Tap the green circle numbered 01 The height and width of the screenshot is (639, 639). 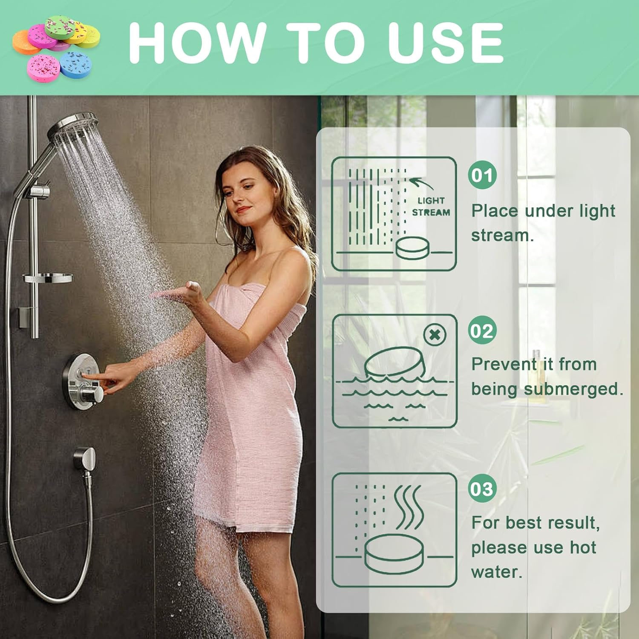482,175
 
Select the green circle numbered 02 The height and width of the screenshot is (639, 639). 482,331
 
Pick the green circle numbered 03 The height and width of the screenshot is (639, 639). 482,489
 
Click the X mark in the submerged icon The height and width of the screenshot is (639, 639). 435,335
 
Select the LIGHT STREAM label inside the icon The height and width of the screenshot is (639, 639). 431,207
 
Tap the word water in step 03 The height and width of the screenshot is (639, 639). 496,572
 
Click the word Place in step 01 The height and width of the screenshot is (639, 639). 495,211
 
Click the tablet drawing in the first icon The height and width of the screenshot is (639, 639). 411,248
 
